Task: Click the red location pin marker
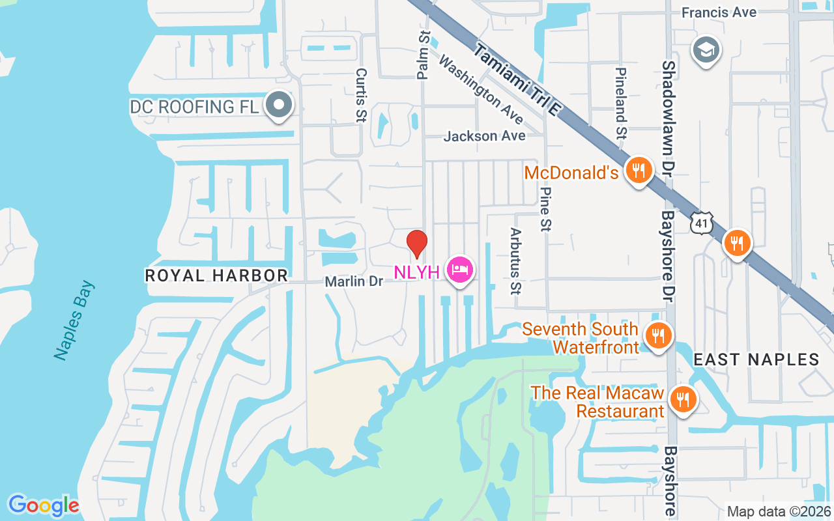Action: pyautogui.click(x=417, y=244)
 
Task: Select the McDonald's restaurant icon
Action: pyautogui.click(x=639, y=171)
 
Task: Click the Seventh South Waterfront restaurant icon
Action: pyautogui.click(x=658, y=337)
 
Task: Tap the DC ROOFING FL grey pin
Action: pyautogui.click(x=280, y=105)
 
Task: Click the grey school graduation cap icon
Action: pyautogui.click(x=706, y=50)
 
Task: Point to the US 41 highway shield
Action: pyautogui.click(x=700, y=223)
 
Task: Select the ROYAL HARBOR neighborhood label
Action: pyautogui.click(x=216, y=275)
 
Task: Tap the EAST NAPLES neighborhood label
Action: pyautogui.click(x=756, y=359)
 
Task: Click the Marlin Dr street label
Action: pyautogui.click(x=354, y=281)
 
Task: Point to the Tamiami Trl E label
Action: pyautogui.click(x=517, y=79)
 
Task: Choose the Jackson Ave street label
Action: pyautogui.click(x=484, y=136)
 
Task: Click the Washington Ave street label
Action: pyautogui.click(x=481, y=89)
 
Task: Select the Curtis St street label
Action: pyautogui.click(x=360, y=96)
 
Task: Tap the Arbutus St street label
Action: pyautogui.click(x=516, y=260)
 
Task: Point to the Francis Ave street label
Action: pyautogui.click(x=719, y=12)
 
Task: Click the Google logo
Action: pyautogui.click(x=44, y=505)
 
